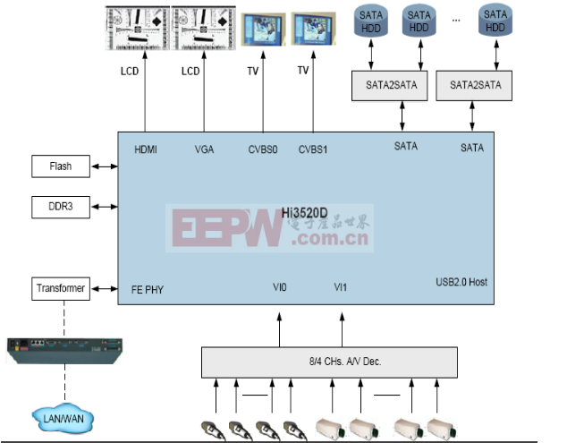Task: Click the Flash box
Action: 61,166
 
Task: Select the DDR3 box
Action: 61,207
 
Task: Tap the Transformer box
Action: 61,288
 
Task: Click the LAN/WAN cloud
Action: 63,419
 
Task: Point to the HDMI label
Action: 146,149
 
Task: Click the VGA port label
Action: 204,149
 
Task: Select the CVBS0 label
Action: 263,149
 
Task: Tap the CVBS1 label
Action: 313,149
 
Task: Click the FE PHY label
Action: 148,290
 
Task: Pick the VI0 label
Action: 280,287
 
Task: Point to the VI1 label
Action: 340,287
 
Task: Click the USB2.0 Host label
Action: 461,282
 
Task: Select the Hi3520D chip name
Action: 304,213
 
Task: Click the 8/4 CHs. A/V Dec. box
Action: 329,362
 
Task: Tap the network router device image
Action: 64,351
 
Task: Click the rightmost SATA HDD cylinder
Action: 495,21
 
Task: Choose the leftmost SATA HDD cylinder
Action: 371,21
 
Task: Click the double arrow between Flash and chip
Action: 104,166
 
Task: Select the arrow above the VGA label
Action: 204,91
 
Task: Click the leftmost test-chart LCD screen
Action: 138,28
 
